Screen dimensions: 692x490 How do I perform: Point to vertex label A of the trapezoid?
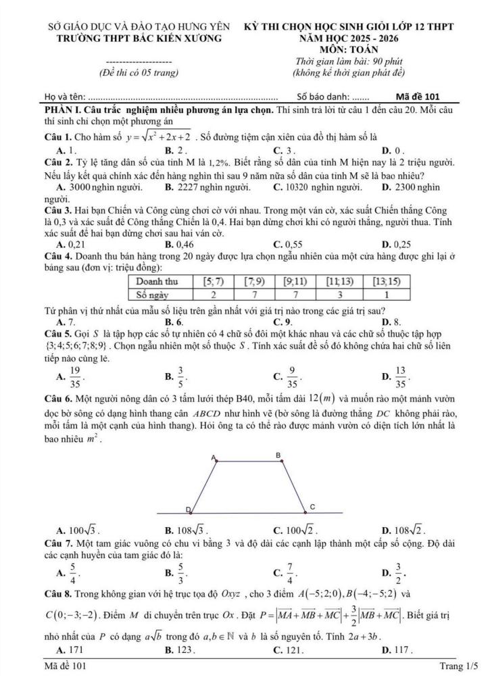click(215, 458)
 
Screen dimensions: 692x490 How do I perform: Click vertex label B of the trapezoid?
click(278, 457)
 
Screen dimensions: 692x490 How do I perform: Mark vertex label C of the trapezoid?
click(312, 506)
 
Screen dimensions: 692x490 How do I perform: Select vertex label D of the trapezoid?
click(188, 508)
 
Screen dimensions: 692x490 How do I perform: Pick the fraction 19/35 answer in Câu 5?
click(74, 376)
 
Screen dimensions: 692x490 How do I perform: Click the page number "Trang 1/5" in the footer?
click(458, 667)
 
